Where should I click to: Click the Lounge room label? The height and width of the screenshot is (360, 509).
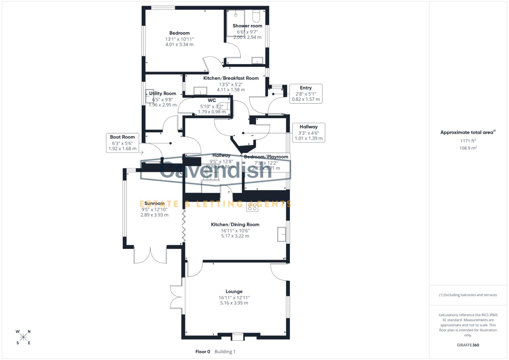234,291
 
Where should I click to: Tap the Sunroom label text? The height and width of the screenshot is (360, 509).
154,203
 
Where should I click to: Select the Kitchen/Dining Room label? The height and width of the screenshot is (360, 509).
235,225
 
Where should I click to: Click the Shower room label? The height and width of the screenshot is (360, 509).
247,26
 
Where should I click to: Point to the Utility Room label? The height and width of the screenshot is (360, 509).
162,94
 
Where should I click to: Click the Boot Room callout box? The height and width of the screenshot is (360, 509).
122,143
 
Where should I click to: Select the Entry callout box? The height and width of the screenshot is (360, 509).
306,94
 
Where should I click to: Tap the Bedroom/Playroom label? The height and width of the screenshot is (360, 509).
266,157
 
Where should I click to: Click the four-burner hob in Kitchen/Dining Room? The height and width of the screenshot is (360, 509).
252,207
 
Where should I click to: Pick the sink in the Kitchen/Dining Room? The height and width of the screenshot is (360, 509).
282,234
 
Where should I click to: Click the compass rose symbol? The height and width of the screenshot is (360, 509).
23,337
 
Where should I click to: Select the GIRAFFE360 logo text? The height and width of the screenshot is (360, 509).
468,345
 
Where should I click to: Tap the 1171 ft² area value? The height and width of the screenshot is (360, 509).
468,141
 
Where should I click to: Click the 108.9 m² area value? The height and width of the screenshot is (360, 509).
468,148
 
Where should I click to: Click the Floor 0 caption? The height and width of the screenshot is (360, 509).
203,352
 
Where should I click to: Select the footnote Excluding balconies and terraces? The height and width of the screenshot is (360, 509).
468,295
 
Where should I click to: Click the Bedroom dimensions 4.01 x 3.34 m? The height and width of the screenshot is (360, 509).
179,44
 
